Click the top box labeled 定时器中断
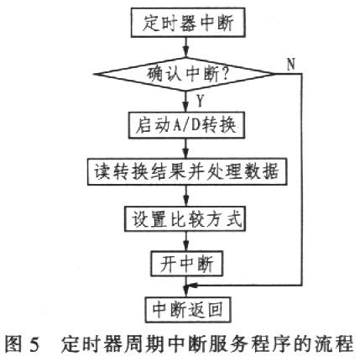(188, 23)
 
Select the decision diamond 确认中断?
(185, 74)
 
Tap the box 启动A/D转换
(186, 125)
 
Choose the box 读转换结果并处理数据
(187, 171)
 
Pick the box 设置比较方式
(185, 218)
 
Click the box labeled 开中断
(186, 264)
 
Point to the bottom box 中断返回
(188, 310)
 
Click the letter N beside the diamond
(291, 64)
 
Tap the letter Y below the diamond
(200, 101)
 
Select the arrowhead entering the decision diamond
(185, 53)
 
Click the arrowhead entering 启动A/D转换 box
(185, 108)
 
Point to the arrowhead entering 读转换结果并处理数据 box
(185, 155)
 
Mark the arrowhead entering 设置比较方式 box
(186, 202)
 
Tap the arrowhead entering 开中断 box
(186, 247)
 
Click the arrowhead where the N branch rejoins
(193, 286)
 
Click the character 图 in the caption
(13, 344)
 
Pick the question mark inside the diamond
(225, 74)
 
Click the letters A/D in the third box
(186, 125)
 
